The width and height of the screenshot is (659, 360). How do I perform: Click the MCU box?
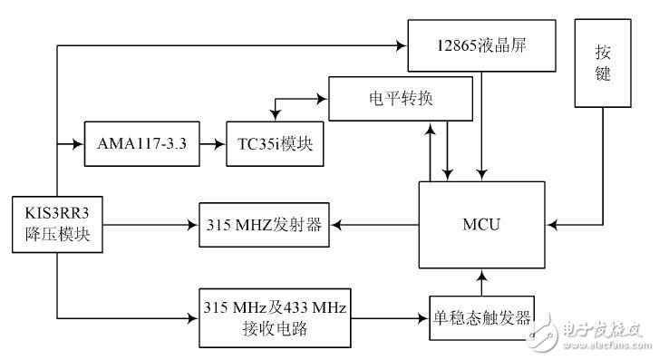481,223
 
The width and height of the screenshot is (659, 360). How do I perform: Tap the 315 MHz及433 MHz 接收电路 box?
272,316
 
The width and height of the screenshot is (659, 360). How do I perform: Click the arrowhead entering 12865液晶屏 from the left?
401,45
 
